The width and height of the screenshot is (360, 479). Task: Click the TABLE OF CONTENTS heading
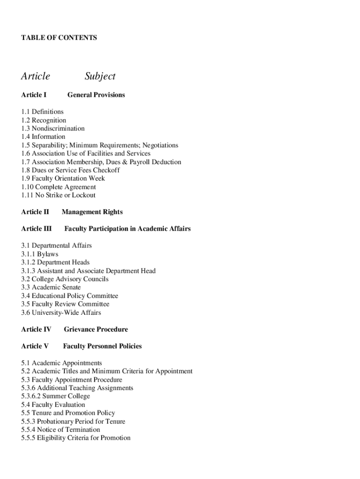[59, 37]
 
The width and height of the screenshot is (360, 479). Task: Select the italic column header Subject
[100, 76]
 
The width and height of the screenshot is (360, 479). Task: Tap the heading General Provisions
[96, 95]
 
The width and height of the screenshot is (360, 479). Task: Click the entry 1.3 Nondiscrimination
[53, 128]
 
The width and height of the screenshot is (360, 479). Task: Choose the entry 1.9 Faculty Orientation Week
[63, 178]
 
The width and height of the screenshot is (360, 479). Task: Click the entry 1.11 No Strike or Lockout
[58, 195]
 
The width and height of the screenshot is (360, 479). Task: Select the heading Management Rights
[92, 212]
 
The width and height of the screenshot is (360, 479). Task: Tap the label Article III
[36, 229]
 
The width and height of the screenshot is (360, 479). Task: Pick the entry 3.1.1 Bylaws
[40, 254]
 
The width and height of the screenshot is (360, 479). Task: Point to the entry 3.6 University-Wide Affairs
[61, 312]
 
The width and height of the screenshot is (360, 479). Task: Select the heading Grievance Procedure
[96, 329]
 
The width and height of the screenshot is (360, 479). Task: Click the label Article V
[35, 346]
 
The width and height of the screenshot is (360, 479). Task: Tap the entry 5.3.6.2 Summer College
[56, 396]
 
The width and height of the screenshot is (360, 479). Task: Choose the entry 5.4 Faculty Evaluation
[53, 405]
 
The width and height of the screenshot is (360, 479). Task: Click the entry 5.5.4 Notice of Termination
[60, 429]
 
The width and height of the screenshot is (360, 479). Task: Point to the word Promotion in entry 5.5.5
[115, 438]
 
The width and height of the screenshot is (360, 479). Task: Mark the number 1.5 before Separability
[26, 145]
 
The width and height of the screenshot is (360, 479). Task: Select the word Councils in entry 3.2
[96, 279]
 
